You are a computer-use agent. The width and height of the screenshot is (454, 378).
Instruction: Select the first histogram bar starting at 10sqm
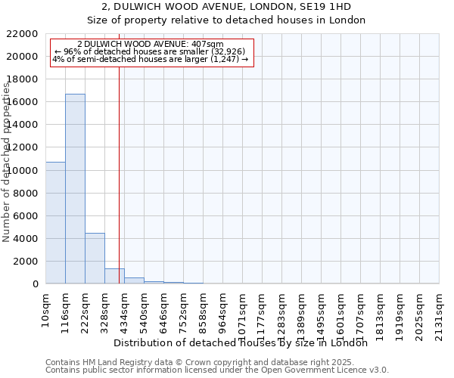55,223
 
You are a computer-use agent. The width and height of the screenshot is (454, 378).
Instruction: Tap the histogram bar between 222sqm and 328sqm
95,259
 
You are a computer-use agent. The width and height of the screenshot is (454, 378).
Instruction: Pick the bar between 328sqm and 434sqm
114,276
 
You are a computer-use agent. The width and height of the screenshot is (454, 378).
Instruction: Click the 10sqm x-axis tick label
46,307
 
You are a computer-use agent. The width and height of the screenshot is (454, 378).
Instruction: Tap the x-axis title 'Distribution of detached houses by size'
244,342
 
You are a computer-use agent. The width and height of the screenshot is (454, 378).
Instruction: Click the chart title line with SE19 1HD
226,6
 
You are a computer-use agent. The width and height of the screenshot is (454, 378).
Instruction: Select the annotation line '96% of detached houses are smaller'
151,51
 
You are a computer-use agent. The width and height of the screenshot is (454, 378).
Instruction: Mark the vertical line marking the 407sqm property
119,174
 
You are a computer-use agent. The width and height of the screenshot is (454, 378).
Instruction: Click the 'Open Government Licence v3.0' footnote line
217,370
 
